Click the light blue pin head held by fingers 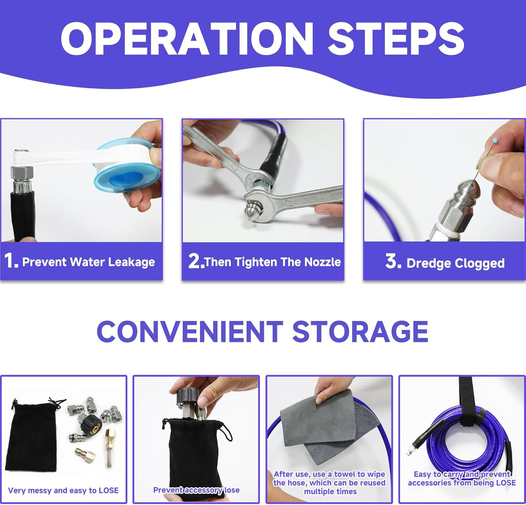click(495, 141)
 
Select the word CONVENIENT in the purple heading click(190, 331)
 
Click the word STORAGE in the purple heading click(360, 331)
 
